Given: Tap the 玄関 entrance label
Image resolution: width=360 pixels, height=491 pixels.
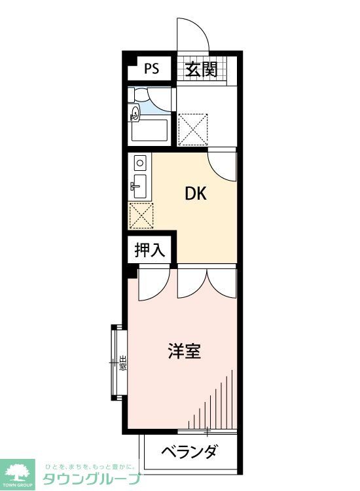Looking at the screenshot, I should [200, 69].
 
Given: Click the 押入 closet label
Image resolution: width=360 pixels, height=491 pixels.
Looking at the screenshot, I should [151, 249].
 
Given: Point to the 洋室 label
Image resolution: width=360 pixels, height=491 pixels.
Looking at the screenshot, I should [184, 352].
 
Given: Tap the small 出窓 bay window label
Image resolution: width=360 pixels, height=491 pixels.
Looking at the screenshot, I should [123, 362].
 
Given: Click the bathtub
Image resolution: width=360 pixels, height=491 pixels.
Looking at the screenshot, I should [150, 130].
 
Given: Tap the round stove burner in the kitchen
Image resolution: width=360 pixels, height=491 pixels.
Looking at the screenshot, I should [139, 161].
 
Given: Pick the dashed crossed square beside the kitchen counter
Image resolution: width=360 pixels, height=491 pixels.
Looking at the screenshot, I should [141, 215].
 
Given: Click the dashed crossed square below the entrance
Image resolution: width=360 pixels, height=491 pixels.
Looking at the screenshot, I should [194, 128].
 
